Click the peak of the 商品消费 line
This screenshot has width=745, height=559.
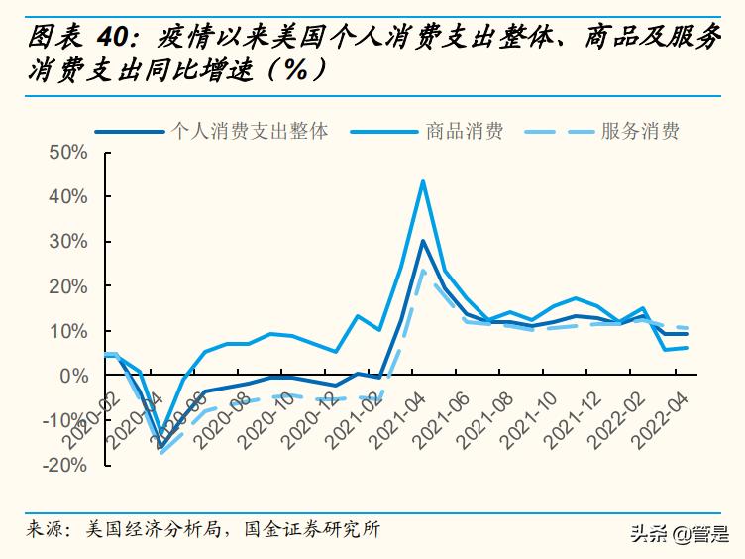[423, 181]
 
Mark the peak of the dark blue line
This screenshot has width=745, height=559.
[423, 241]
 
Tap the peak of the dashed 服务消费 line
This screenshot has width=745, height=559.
[423, 270]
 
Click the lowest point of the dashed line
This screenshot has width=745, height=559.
[163, 453]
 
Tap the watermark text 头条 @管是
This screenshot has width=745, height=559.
[678, 534]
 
